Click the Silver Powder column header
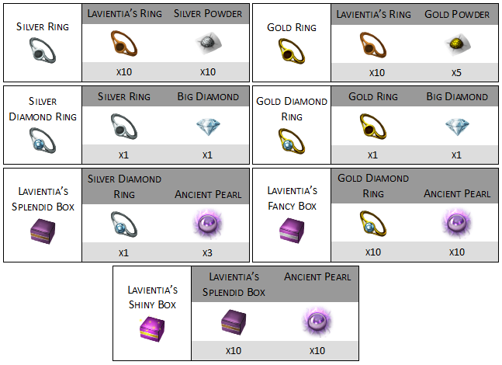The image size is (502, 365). (x=207, y=14)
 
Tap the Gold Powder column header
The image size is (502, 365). (x=456, y=14)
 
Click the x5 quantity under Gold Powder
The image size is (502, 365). (x=456, y=72)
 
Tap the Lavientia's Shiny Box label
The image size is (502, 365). (x=151, y=297)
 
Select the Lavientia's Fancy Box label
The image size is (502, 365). (x=291, y=198)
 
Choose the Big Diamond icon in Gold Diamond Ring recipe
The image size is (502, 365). (x=456, y=127)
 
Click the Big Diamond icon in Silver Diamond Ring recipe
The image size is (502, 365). (x=208, y=127)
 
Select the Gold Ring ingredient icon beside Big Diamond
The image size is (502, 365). (x=372, y=127)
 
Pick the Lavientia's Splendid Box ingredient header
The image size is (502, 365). (x=234, y=284)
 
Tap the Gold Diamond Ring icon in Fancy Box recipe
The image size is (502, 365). (x=372, y=224)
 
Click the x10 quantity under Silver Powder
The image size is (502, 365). (x=208, y=72)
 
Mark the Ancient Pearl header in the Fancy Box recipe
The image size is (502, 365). (x=456, y=193)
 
